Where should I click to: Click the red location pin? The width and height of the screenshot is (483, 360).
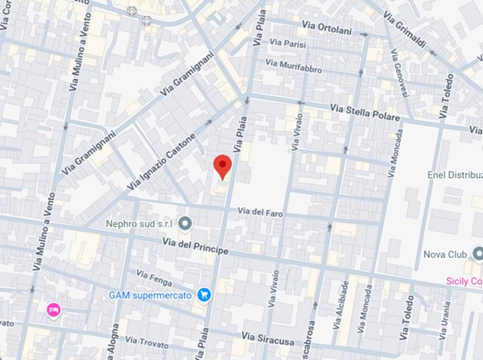pos(223,167)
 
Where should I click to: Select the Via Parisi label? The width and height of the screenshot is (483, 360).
pos(288,43)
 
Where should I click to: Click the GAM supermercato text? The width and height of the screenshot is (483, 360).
pos(150,295)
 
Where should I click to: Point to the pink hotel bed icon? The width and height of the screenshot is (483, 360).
pos(54,309)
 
